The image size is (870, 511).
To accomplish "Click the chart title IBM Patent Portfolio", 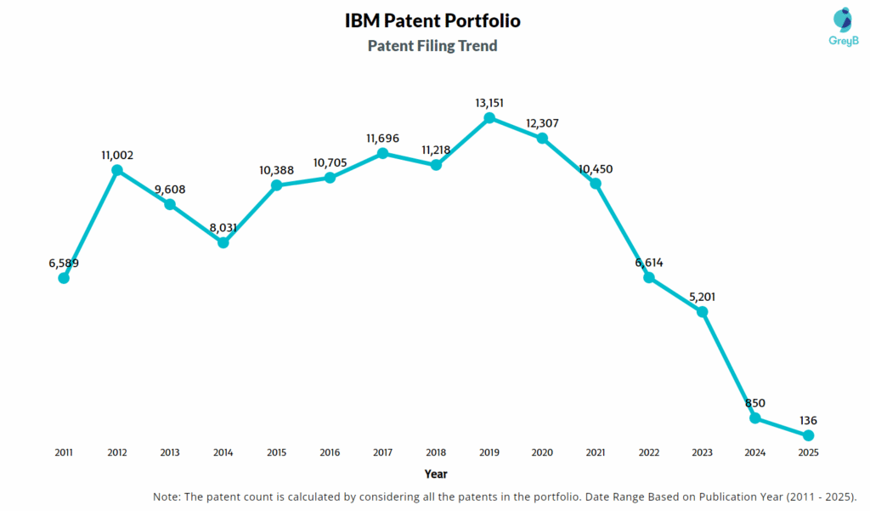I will pos(432,20).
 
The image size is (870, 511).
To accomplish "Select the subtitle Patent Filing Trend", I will pos(432,46).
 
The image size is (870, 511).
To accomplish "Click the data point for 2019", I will pos(489,118).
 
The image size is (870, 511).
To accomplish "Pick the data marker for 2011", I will pos(64,278).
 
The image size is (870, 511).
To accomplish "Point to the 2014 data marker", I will pos(223,242).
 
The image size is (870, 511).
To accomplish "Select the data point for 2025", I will pos(808,435).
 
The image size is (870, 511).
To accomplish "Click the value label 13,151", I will pos(489,103).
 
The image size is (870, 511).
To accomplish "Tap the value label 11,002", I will pos(117,156).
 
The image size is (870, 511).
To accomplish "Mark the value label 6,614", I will pos(648,263).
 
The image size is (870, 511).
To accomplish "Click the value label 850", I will pos(754,403).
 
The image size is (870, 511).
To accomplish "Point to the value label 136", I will pos(808,420).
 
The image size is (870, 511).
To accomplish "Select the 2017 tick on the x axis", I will pos(382,453).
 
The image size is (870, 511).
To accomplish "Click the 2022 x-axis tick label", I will pos(648,453).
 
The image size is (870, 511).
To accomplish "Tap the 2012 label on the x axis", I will pos(117,453).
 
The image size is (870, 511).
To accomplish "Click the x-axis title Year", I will pos(436,474).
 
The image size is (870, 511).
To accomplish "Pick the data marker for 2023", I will pos(702,312).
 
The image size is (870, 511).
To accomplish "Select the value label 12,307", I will pos(542,123).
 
